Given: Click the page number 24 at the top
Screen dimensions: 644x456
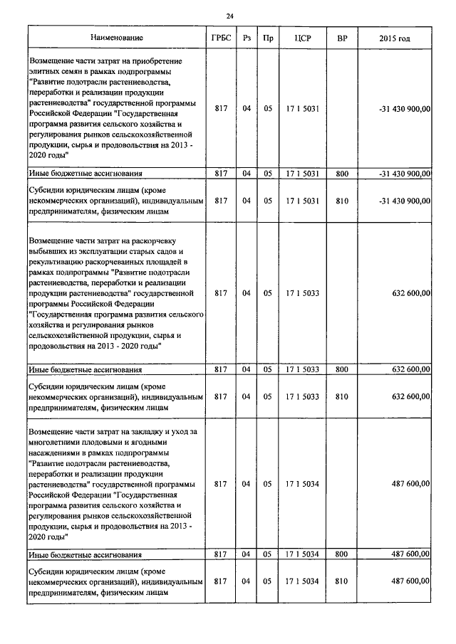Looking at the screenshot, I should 229,16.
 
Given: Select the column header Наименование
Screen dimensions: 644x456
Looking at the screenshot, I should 117,38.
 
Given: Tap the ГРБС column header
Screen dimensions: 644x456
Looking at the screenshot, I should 221,38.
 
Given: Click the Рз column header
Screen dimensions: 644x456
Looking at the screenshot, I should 247,38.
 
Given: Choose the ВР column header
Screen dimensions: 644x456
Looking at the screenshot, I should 341,38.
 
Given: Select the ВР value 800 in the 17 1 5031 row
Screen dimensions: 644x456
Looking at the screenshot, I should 341,173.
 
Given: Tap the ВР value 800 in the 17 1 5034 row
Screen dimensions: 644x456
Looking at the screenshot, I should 341,554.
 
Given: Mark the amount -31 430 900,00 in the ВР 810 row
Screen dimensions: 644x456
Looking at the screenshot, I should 405,201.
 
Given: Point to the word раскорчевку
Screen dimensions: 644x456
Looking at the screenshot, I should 165,241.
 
